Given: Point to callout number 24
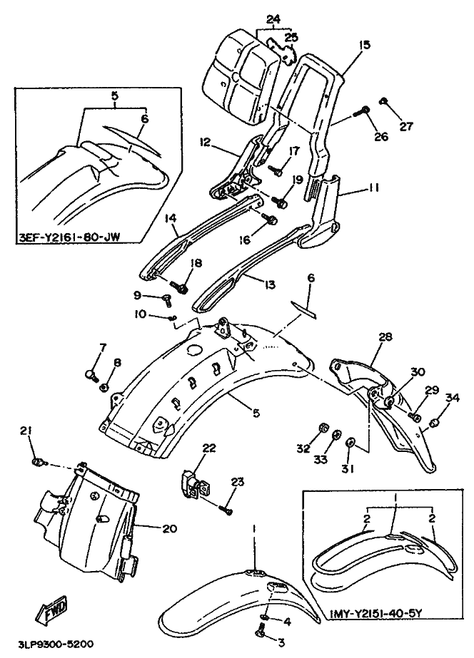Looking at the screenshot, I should (x=274, y=19).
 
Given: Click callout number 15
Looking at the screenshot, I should (x=365, y=44).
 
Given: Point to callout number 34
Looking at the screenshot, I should (x=452, y=397).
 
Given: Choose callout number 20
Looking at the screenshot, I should (x=168, y=528).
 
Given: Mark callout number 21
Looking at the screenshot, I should (x=26, y=430).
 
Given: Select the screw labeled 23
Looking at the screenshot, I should (x=226, y=508).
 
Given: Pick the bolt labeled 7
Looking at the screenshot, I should (x=91, y=373).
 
